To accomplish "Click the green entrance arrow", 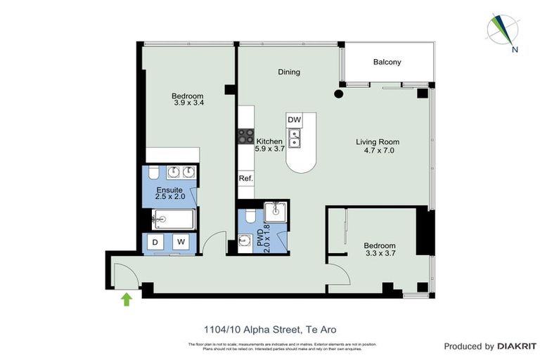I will [x=127, y=300].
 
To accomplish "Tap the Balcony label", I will [x=387, y=62].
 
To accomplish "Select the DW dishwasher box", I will [x=295, y=120].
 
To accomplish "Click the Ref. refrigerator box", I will [x=245, y=179].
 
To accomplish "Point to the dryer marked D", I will [x=156, y=243].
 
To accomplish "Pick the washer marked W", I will [x=181, y=243].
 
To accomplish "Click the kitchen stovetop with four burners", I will [x=245, y=136].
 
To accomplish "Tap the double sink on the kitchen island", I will [x=295, y=139].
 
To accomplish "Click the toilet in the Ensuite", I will [x=154, y=173].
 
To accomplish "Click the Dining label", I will [x=289, y=72].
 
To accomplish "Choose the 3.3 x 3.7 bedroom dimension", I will [x=379, y=254].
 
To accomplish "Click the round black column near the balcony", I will [x=338, y=93].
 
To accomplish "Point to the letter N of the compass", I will [x=515, y=49].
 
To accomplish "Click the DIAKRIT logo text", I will [x=517, y=346].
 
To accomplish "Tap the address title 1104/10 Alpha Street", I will [x=245, y=328].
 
